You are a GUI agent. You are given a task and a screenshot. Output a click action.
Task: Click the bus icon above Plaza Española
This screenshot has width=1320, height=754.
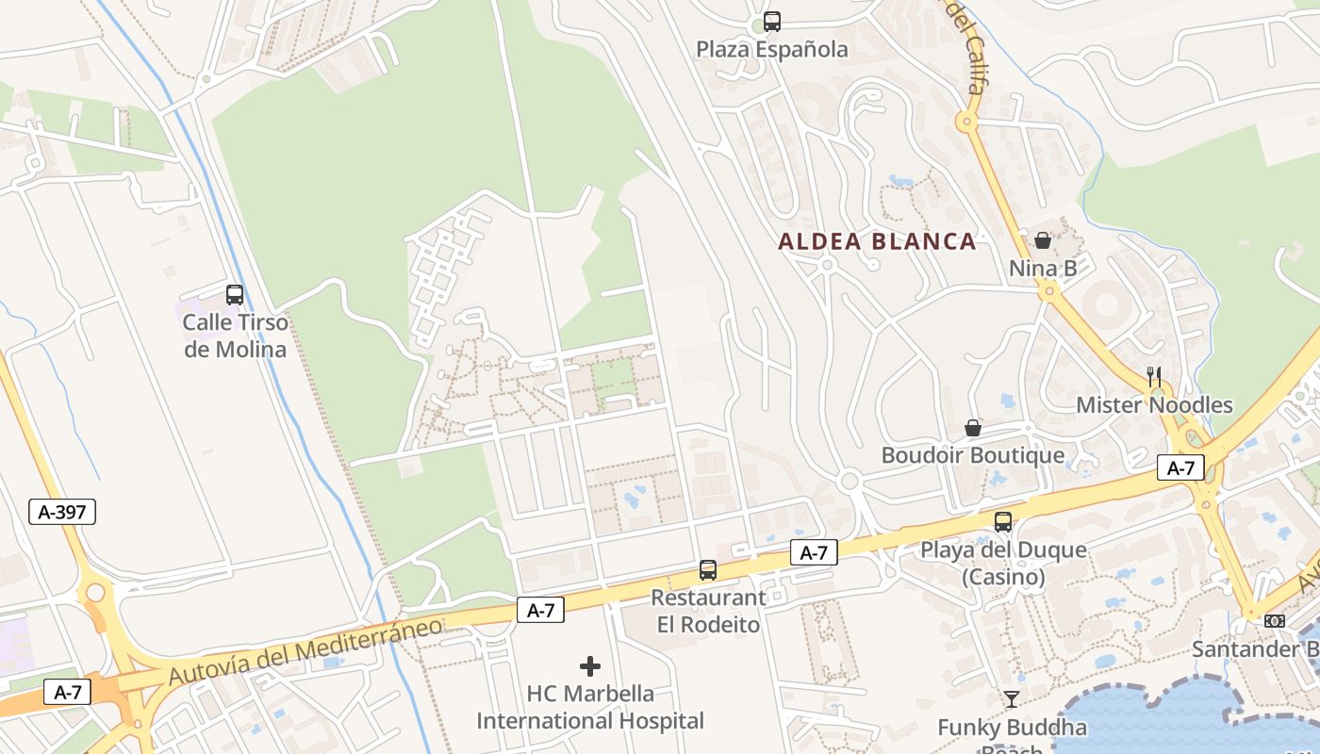(x=772, y=21)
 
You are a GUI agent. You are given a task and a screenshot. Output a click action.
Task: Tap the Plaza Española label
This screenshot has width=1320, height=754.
(x=772, y=49)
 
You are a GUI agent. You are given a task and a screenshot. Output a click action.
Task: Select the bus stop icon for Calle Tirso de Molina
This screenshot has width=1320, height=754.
(x=235, y=295)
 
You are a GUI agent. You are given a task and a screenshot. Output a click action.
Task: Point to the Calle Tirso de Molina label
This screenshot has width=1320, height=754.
(x=235, y=336)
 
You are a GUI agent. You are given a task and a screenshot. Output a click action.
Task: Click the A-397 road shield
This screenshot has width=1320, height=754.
(x=62, y=512)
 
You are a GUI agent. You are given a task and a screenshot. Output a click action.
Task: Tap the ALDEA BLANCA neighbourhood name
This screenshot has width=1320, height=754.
(x=877, y=241)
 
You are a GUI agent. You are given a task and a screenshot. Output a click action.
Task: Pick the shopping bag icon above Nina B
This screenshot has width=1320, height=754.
(x=1043, y=240)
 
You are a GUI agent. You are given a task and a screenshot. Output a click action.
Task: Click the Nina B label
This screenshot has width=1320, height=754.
(x=1043, y=269)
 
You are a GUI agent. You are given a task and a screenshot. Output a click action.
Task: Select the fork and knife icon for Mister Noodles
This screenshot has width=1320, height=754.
(x=1154, y=376)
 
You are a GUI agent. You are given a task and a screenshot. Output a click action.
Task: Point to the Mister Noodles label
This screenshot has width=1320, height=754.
(x=1154, y=405)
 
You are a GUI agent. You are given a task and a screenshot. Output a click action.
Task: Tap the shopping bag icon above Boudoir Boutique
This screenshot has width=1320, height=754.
(x=973, y=428)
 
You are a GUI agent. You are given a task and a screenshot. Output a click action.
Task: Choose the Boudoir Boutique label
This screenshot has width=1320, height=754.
(x=972, y=455)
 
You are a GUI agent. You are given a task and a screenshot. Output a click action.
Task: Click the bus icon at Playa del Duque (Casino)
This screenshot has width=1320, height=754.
(x=1003, y=521)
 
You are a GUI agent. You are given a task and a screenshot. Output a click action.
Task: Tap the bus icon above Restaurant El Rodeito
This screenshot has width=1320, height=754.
(x=708, y=569)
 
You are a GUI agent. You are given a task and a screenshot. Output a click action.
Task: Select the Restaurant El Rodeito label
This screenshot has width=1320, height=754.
(x=708, y=611)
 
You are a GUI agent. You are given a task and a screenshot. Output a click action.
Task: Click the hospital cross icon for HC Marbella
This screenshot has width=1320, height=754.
(x=590, y=666)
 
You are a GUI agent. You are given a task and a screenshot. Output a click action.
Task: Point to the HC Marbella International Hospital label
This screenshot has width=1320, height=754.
(x=590, y=707)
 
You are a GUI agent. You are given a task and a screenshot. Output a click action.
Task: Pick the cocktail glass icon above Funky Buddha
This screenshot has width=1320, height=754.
(x=1012, y=698)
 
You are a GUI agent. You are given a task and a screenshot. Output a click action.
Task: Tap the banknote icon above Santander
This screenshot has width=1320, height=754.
(x=1275, y=620)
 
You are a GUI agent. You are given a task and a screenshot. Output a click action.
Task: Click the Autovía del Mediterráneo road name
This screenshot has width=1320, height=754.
(x=305, y=650)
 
